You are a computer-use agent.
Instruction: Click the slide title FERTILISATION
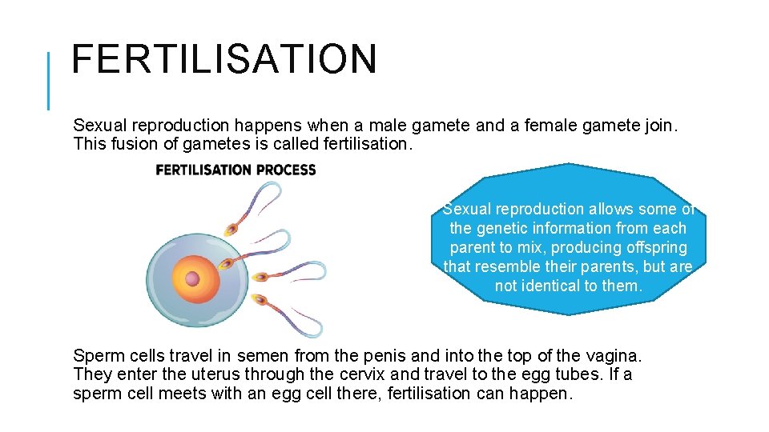[223, 59]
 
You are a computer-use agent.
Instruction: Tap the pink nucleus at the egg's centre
[192, 278]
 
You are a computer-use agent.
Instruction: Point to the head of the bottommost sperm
[258, 301]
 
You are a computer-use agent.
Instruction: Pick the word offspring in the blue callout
[650, 247]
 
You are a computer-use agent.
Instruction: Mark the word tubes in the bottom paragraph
[564, 374]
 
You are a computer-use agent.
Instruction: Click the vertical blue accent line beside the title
[49, 80]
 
